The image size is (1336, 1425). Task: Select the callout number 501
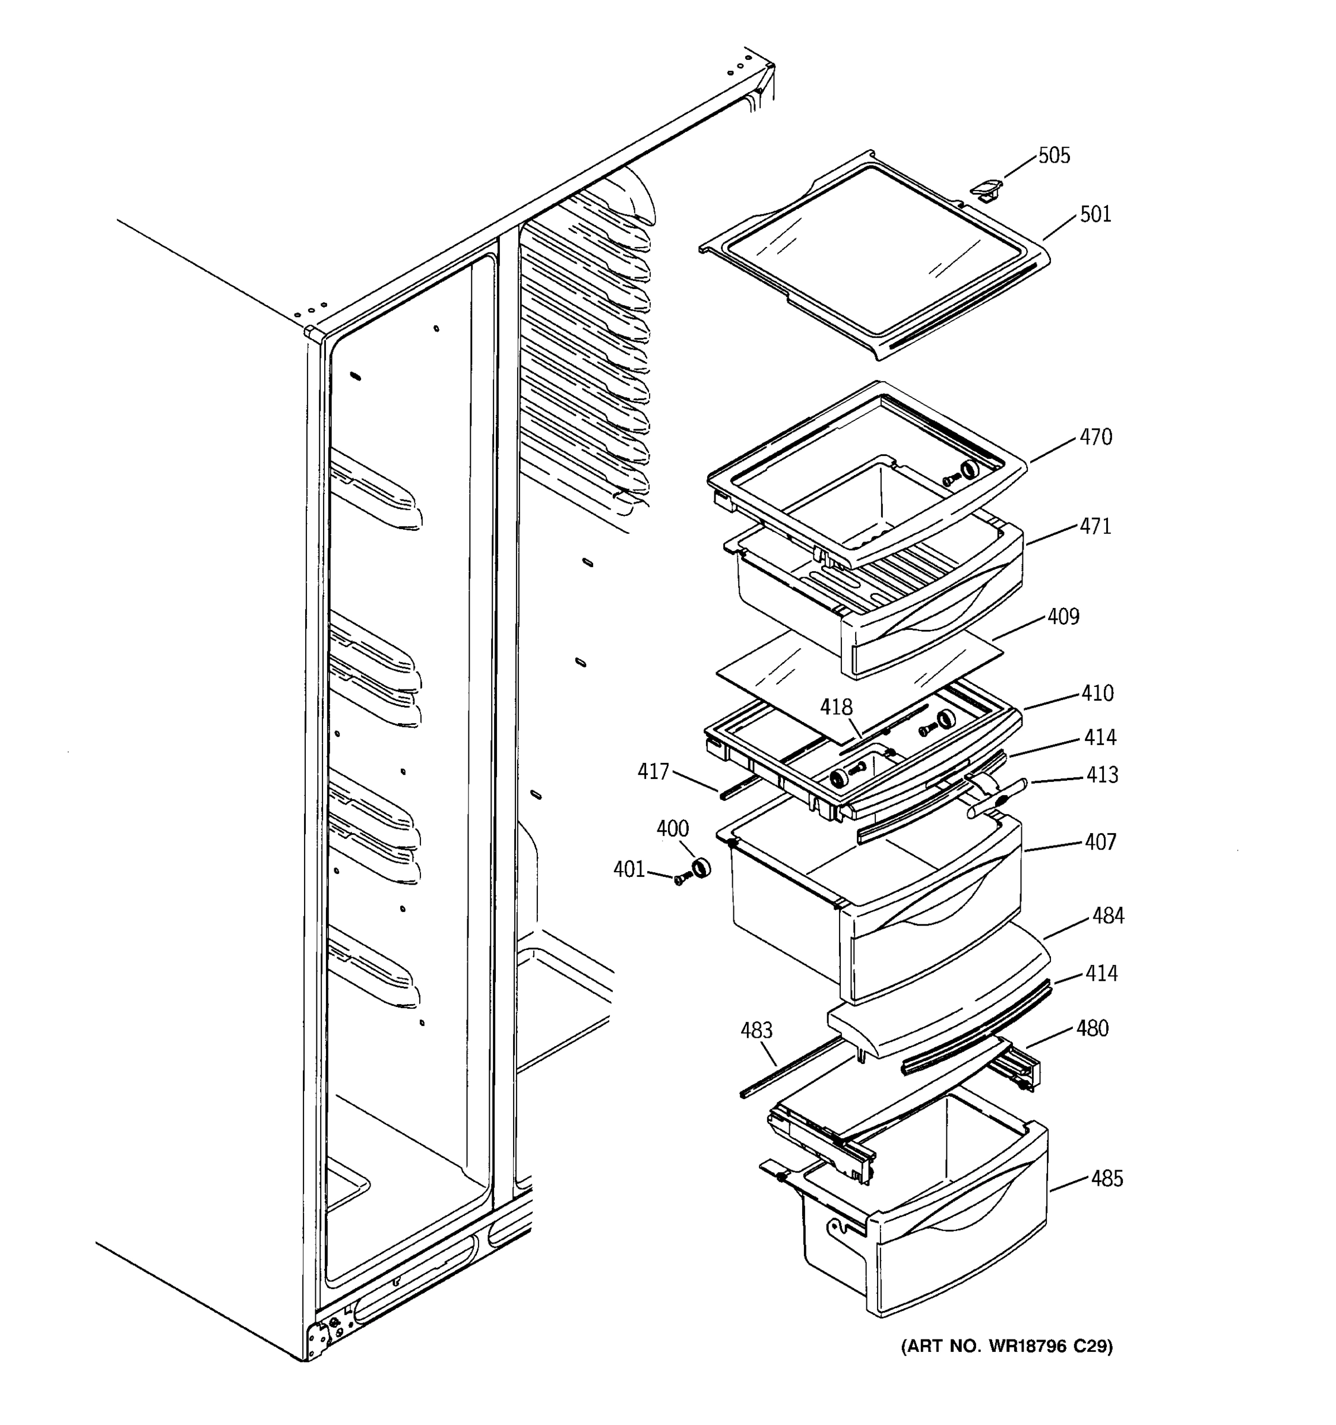point(1095,214)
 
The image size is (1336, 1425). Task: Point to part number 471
point(1095,526)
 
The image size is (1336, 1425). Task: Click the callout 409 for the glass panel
point(1063,616)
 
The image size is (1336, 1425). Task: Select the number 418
point(837,708)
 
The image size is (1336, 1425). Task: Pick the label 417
point(653,771)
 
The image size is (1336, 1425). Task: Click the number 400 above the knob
point(672,829)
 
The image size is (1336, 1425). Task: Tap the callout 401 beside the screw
point(629,869)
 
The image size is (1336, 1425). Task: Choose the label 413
point(1101,775)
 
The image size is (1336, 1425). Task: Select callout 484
point(1108,916)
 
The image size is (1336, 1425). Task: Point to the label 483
point(756,1031)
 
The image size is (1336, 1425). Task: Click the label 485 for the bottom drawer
point(1107,1179)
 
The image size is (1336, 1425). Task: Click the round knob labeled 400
point(699,868)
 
